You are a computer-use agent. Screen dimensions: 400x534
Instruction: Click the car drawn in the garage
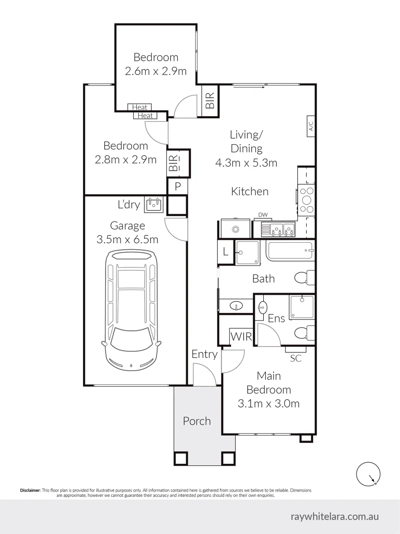[131, 310]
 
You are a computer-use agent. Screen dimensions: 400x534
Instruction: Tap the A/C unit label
[311, 127]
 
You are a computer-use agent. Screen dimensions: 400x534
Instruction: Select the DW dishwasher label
[263, 215]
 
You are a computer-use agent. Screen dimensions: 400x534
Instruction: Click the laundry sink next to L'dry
[154, 204]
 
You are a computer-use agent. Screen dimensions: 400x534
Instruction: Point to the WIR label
[241, 337]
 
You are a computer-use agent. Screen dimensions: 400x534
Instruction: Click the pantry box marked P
[178, 186]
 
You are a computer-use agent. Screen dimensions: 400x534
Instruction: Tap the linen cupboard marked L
[225, 252]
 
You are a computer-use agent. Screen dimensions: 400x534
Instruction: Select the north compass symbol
[368, 474]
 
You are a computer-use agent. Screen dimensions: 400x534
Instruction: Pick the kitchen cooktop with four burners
[306, 201]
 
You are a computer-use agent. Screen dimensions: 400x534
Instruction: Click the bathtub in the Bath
[290, 251]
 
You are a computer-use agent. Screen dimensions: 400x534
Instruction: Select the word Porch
[197, 421]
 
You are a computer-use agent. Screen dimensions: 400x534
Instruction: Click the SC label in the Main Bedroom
[296, 358]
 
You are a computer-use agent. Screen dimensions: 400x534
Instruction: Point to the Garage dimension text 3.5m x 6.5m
[127, 239]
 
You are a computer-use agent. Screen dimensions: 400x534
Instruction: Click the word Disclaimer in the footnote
[30, 490]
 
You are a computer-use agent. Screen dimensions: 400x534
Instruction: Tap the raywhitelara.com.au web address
[335, 517]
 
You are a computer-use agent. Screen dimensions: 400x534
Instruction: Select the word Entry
[204, 355]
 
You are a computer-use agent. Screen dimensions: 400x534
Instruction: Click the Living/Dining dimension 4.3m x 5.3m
[246, 163]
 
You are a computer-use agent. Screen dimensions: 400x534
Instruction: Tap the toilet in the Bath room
[304, 277]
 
